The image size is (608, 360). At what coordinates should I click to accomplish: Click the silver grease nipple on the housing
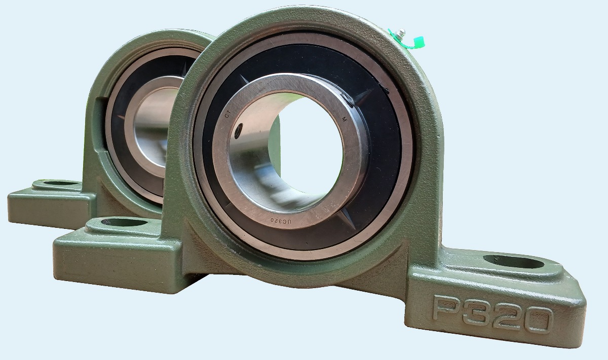400,33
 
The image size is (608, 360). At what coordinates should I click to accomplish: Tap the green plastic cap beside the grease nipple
419,42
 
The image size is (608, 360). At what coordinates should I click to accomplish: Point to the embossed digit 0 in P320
538,320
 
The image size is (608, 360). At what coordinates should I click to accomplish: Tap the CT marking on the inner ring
227,114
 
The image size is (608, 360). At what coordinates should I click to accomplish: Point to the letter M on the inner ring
344,119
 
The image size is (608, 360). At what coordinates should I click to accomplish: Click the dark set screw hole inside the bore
238,131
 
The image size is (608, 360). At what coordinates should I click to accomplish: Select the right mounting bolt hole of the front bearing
514,262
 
